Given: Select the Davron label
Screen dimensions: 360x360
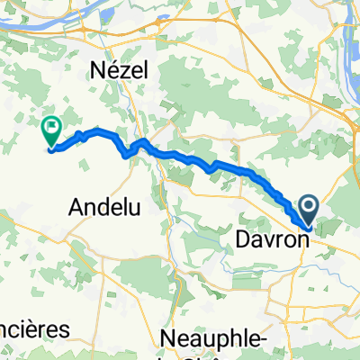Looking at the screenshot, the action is [269, 239].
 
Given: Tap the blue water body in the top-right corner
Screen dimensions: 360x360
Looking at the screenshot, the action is [352, 36].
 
